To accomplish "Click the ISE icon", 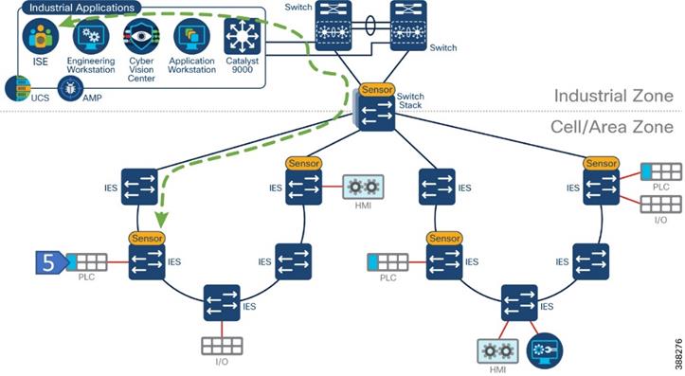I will [41, 37].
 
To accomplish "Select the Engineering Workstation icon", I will [91, 37].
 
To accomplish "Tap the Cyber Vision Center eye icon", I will [140, 37].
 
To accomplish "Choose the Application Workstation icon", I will [190, 37].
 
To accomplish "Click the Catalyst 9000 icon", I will [242, 37].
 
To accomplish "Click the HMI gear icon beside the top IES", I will [361, 187].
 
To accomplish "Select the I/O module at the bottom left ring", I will [222, 346].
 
